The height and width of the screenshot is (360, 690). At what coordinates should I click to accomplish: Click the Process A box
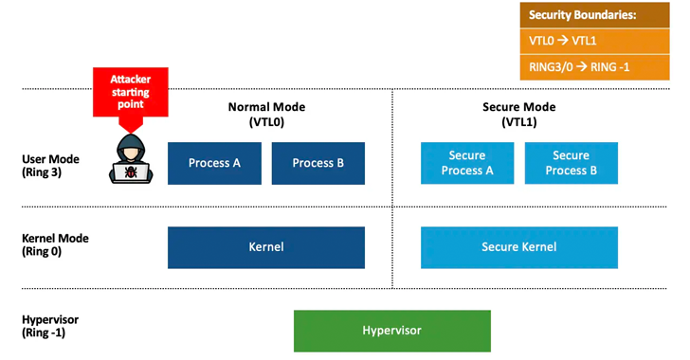pyautogui.click(x=214, y=163)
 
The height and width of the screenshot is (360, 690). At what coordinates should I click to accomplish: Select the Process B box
pyautogui.click(x=318, y=163)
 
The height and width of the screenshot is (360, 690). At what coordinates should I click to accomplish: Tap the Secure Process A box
pyautogui.click(x=467, y=163)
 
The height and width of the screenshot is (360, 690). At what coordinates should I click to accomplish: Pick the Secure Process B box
pyautogui.click(x=571, y=163)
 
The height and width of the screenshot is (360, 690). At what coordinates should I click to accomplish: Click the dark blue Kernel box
pyautogui.click(x=266, y=247)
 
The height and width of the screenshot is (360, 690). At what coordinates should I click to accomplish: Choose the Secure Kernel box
pyautogui.click(x=519, y=247)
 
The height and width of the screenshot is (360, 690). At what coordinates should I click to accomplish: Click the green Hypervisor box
pyautogui.click(x=391, y=331)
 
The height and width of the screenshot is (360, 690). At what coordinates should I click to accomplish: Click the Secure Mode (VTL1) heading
pyautogui.click(x=519, y=114)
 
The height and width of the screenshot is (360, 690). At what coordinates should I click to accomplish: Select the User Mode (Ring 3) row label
pyautogui.click(x=50, y=166)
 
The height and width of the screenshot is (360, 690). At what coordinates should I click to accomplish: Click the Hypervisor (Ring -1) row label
pyautogui.click(x=50, y=326)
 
